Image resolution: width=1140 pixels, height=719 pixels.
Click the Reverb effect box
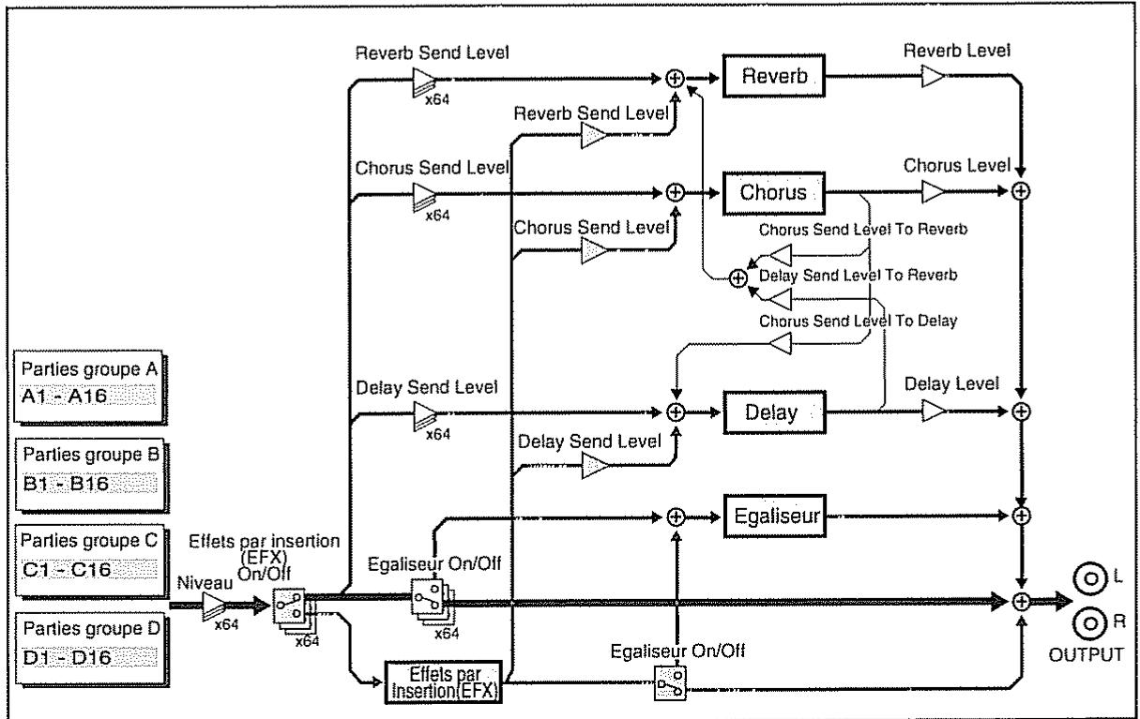(x=774, y=76)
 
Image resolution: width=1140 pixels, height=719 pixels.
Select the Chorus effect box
(x=774, y=193)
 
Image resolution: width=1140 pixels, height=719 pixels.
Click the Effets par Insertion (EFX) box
(x=444, y=682)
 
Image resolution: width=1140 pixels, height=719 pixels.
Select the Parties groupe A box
(x=90, y=387)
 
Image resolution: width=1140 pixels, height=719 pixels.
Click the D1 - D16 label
(x=68, y=657)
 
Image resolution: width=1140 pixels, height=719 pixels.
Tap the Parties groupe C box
(x=91, y=562)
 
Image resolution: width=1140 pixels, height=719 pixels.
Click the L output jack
(x=1090, y=578)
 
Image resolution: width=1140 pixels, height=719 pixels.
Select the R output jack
(x=1090, y=623)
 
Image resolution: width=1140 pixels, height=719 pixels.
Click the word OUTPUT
(x=1087, y=655)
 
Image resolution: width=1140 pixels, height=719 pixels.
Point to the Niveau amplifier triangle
(x=214, y=606)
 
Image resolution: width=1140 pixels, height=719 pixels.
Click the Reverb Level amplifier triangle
(x=933, y=76)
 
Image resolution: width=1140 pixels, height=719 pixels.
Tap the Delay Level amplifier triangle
(x=934, y=411)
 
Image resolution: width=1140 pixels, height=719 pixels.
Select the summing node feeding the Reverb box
(x=675, y=79)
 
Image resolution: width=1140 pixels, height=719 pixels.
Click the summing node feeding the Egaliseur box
(x=676, y=517)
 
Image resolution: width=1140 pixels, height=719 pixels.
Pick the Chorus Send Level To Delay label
(x=859, y=322)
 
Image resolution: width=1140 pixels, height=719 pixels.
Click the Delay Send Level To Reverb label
(x=859, y=276)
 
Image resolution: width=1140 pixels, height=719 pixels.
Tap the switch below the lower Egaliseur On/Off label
(x=670, y=684)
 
